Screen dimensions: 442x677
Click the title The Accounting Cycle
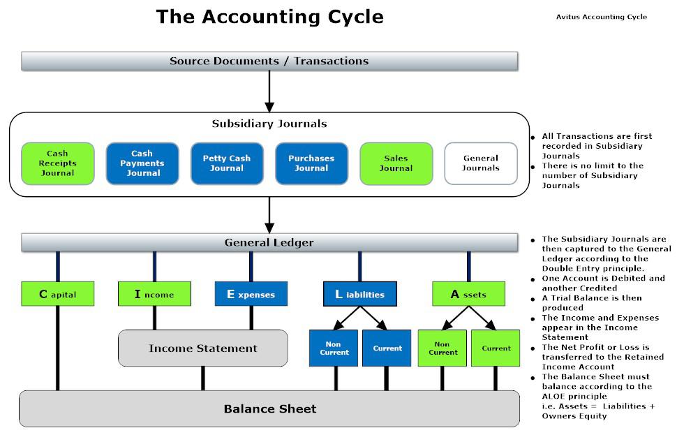(x=269, y=17)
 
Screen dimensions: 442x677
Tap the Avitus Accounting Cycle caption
(x=602, y=17)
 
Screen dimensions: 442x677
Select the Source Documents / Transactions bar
(x=269, y=61)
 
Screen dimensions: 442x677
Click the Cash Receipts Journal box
(x=58, y=163)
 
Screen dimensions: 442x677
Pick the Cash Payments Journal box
(x=142, y=163)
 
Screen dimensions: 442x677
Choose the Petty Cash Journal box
(x=226, y=163)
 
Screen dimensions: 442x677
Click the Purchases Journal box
(x=311, y=163)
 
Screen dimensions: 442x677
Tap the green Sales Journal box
(x=396, y=163)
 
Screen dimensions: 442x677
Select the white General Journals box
(x=481, y=163)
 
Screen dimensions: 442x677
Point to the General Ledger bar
(x=269, y=243)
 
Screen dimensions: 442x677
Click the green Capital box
(x=58, y=294)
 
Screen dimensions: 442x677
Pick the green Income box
(x=154, y=294)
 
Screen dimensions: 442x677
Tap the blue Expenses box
(x=251, y=294)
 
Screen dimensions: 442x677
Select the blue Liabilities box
(x=359, y=294)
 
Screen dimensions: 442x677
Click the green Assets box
(x=468, y=294)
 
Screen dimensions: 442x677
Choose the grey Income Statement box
(x=202, y=348)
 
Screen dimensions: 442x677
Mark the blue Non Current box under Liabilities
(x=334, y=348)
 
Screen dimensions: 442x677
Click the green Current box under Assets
(x=496, y=348)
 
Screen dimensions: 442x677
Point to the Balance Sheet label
(x=269, y=408)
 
